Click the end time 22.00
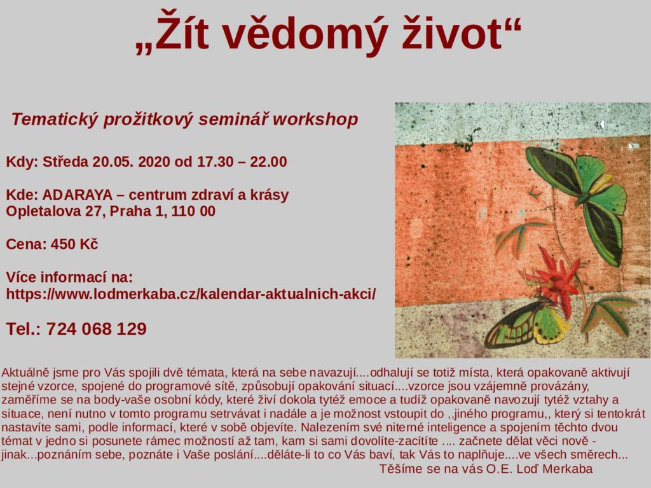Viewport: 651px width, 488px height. click(268, 162)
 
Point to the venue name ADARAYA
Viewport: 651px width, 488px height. click(77, 195)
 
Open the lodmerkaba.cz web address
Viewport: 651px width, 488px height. click(191, 295)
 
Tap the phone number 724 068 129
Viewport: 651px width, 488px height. click(97, 329)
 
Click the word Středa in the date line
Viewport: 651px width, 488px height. click(65, 162)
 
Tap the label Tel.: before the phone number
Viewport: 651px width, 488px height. click(24, 329)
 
